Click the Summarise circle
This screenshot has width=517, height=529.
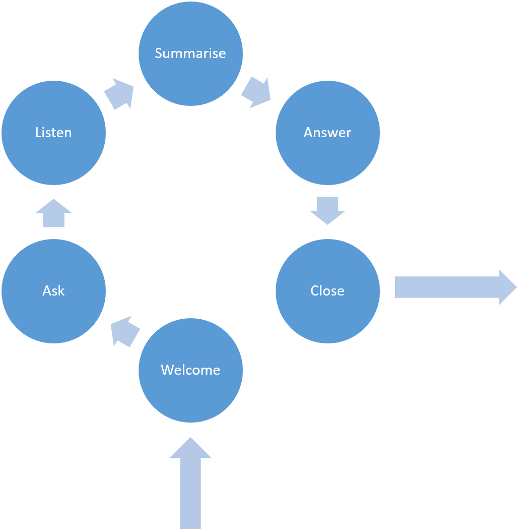[x=190, y=71]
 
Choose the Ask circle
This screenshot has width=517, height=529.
[x=53, y=313]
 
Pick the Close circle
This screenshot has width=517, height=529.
[x=328, y=313]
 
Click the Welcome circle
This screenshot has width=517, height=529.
[x=190, y=393]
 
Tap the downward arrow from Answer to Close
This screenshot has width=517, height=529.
[x=328, y=210]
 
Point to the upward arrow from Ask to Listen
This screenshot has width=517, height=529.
[x=53, y=213]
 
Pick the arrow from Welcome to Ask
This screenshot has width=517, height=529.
[x=124, y=332]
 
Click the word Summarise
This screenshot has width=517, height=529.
[x=190, y=53]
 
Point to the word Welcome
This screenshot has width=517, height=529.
[x=190, y=370]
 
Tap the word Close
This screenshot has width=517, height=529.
[x=328, y=290]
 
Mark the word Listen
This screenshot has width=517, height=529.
[x=53, y=132]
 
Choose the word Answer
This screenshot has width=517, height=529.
[x=328, y=132]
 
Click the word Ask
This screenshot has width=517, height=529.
[x=53, y=290]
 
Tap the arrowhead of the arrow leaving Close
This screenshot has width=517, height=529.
[x=507, y=287]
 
